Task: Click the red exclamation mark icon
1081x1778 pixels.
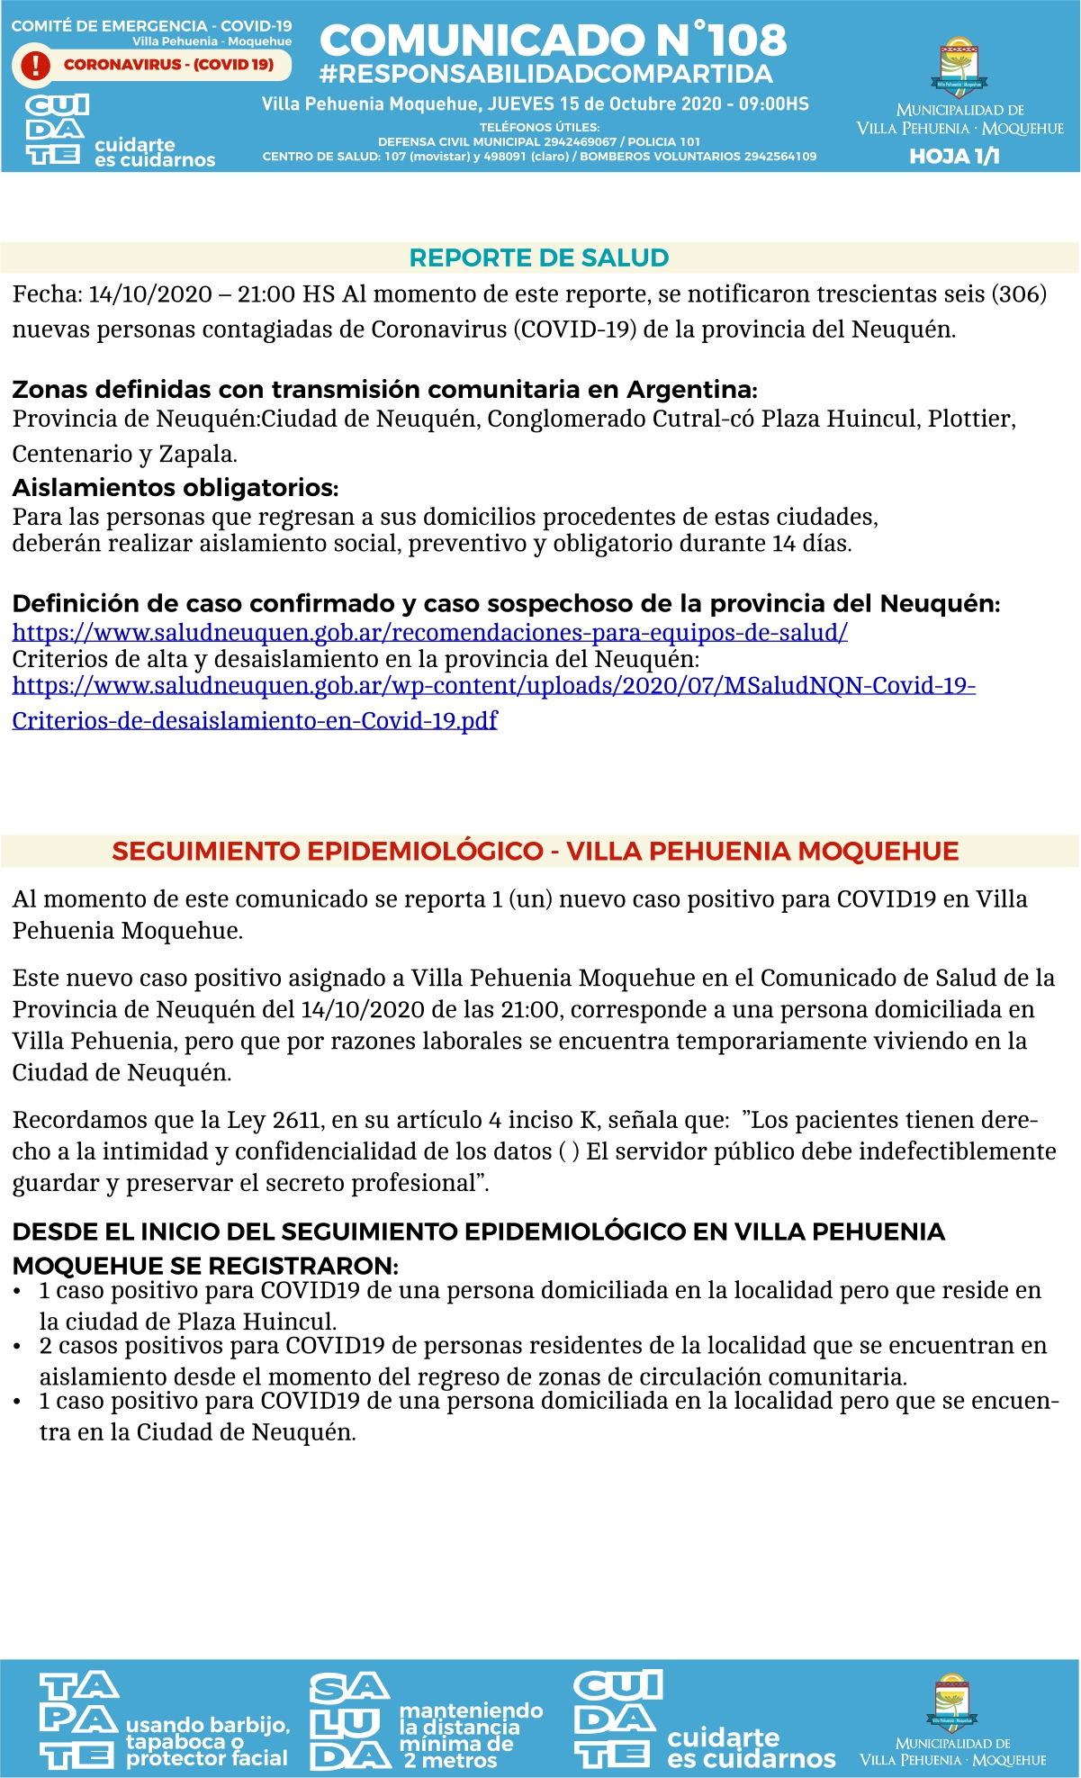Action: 35,65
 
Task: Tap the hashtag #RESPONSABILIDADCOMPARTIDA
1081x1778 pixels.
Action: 545,74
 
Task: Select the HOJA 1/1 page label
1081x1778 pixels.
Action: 954,157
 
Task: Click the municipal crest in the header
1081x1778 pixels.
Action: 959,68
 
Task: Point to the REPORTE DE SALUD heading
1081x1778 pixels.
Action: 539,258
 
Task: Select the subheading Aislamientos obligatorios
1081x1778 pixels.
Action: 175,488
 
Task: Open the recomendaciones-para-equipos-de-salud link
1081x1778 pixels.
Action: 429,632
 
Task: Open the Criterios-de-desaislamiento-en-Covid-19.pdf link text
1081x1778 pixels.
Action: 254,720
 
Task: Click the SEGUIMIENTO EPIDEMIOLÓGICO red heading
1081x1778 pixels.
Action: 536,852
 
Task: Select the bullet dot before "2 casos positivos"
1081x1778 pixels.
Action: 17,1347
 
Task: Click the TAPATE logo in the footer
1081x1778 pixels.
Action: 78,1720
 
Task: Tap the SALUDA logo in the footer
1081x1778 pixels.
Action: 349,1721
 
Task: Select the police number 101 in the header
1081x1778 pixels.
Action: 689,142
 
